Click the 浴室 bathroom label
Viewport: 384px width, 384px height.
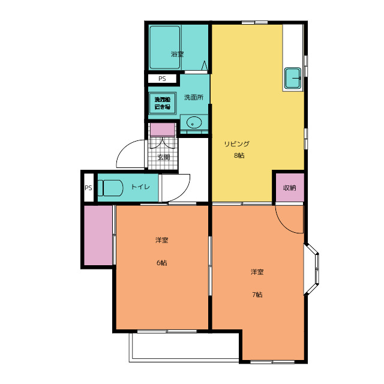tap(177, 54)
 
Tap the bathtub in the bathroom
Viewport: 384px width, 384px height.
tap(165, 47)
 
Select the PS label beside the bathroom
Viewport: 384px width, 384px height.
tap(162, 79)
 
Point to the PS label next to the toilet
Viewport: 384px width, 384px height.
tap(88, 188)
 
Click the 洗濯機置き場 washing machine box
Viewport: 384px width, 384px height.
tap(162, 103)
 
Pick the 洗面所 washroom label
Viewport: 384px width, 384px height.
tap(194, 97)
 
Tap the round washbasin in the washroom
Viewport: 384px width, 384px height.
tap(194, 122)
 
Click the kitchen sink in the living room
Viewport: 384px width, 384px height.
tap(293, 78)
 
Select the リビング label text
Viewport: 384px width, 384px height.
tap(237, 144)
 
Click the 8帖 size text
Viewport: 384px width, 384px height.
tap(239, 155)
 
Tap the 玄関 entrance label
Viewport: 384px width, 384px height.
tap(164, 157)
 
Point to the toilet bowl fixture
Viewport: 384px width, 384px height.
tap(110, 188)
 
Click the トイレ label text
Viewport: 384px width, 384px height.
tap(140, 187)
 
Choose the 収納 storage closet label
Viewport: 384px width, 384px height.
tap(289, 188)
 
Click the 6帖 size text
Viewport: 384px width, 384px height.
tap(161, 263)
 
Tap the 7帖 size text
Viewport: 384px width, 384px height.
tap(257, 295)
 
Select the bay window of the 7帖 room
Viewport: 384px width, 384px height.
tap(311, 269)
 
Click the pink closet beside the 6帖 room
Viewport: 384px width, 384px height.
tap(98, 235)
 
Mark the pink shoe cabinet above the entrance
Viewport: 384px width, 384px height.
tap(163, 130)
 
